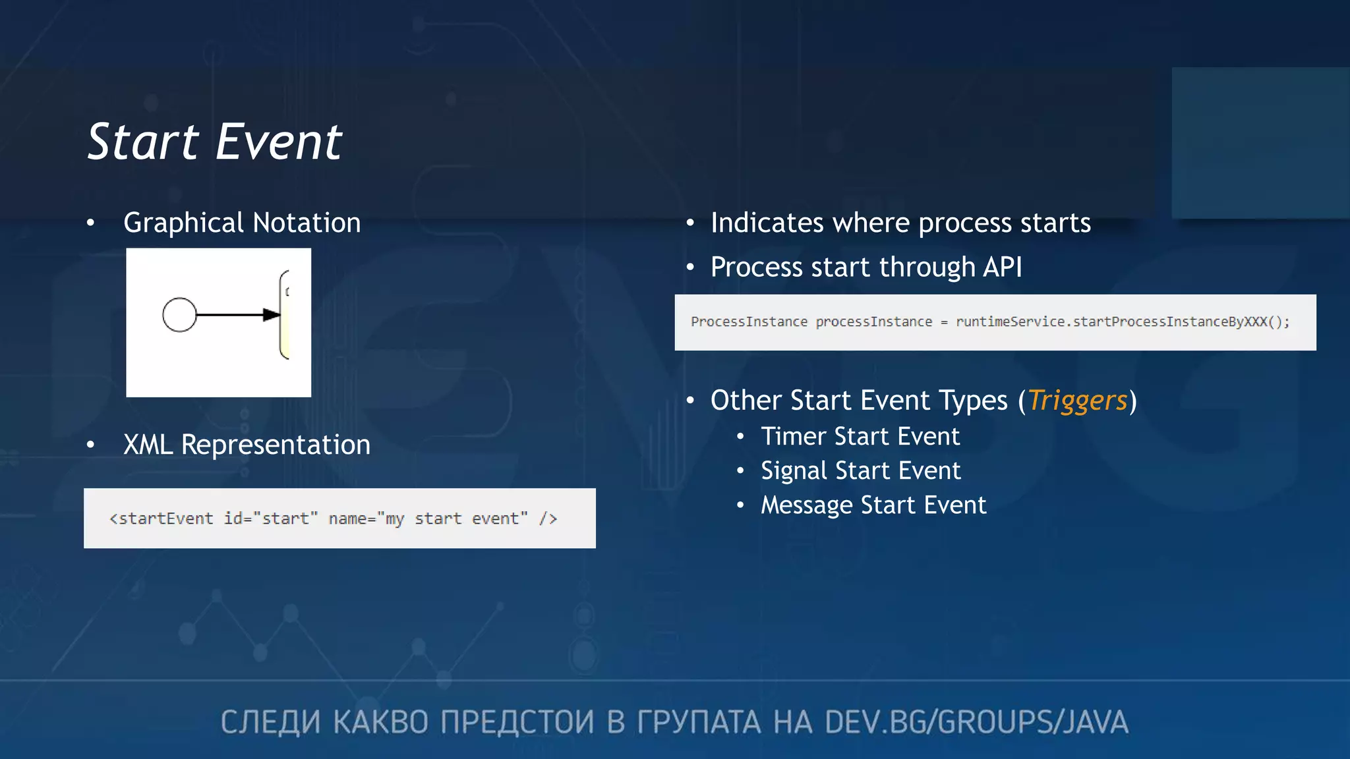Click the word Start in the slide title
[x=143, y=142]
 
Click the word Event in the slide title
[x=279, y=142]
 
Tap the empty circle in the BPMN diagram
[x=179, y=315]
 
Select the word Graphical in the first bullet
[x=184, y=223]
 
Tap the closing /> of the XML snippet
[x=548, y=519]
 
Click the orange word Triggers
[x=1077, y=401]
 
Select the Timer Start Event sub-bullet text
[x=860, y=437]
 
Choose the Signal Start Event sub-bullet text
[x=860, y=471]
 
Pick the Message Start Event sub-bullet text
[x=873, y=505]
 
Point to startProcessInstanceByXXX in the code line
[x=1171, y=322]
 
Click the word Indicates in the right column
[x=767, y=223]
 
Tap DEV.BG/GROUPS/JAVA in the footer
[x=976, y=722]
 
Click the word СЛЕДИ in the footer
[x=270, y=722]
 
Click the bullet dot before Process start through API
[x=690, y=267]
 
